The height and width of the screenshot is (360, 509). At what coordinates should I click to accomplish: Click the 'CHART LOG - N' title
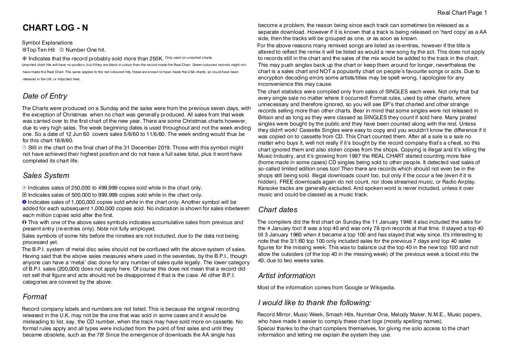(x=55, y=28)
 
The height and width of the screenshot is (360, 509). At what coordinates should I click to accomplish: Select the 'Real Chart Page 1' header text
(x=462, y=13)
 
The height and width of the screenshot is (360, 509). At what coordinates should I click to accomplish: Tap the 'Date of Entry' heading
(x=45, y=96)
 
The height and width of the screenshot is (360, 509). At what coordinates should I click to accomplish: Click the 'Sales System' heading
(x=46, y=176)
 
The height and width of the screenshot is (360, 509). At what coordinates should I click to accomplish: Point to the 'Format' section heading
(x=35, y=297)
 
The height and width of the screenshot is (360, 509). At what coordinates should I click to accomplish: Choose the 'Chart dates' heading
(x=278, y=210)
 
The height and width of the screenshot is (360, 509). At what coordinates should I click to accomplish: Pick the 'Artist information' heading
(x=286, y=276)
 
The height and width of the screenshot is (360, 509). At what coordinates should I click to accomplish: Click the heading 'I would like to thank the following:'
(x=315, y=303)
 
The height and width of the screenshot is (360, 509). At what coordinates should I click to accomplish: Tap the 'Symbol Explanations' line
(x=47, y=43)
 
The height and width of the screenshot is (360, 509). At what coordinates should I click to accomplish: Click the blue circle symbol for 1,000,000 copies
(x=25, y=202)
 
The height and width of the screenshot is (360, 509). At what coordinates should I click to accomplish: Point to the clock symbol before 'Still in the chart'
(x=25, y=147)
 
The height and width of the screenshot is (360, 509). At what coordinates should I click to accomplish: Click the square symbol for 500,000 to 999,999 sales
(x=25, y=195)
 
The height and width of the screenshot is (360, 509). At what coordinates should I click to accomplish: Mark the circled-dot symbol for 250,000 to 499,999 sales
(x=25, y=188)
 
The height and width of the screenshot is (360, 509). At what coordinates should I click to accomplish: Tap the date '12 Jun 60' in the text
(x=77, y=134)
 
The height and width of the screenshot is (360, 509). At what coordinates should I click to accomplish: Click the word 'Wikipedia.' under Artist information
(x=383, y=288)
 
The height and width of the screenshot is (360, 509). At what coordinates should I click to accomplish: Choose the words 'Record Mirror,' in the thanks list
(x=274, y=315)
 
